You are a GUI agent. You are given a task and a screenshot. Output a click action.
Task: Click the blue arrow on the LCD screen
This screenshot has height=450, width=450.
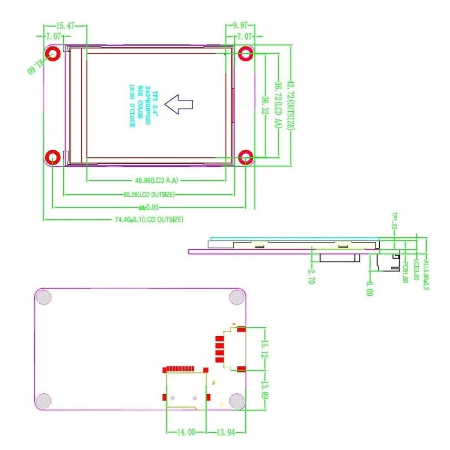coord(178,104)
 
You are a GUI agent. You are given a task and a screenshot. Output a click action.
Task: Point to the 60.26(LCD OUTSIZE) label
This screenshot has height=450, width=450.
coord(148,194)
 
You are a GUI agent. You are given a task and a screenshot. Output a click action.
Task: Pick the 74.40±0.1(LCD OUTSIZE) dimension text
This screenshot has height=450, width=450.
coord(149,219)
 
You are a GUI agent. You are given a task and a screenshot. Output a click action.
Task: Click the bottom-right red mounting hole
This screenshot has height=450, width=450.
coord(246,157)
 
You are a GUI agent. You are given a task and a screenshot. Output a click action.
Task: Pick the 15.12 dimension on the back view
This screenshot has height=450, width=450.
coord(264,349)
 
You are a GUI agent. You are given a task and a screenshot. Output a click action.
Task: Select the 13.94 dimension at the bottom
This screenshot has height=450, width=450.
coord(226,432)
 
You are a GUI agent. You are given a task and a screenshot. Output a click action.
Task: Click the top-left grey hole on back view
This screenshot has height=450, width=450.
coord(44,298)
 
